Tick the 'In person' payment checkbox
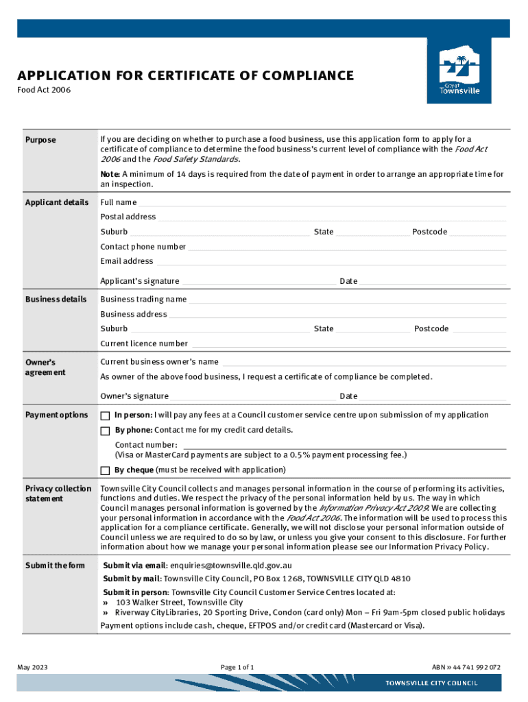click(x=105, y=415)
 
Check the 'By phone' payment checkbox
click(x=105, y=431)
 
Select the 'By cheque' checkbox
click(x=105, y=470)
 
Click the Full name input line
click(x=322, y=203)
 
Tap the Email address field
click(x=331, y=262)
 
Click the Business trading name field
click(x=347, y=300)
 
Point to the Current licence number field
click(x=348, y=344)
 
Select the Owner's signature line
click(x=254, y=397)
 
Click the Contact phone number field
click(x=347, y=247)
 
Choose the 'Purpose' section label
click(x=40, y=140)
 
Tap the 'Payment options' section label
click(x=56, y=415)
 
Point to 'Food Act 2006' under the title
click(x=43, y=90)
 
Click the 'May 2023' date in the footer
click(x=32, y=667)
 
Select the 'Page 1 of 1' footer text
click(x=237, y=667)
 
